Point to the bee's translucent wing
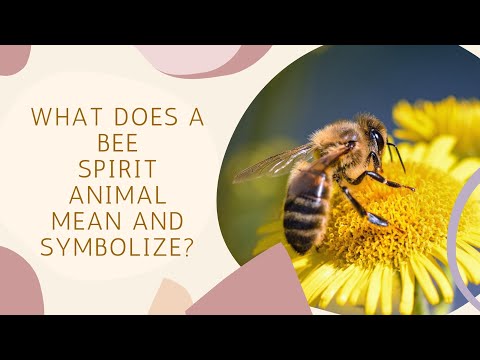pyautogui.click(x=275, y=163)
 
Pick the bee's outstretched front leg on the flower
pyautogui.click(x=390, y=182)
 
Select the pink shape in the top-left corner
pyautogui.click(x=12, y=56)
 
